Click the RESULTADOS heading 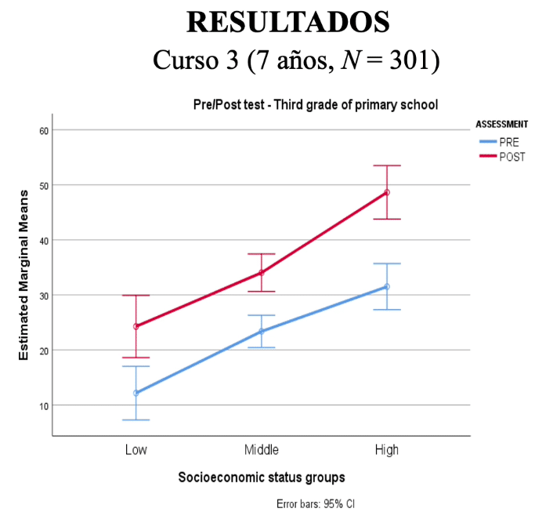(287, 22)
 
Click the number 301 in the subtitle (407, 60)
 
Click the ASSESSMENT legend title (501, 124)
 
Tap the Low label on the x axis (136, 450)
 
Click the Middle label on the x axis (261, 450)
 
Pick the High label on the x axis (386, 450)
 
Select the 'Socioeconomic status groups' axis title (261, 477)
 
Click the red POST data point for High (386, 192)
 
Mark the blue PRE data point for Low (136, 393)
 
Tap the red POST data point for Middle (261, 273)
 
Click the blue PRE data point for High (386, 287)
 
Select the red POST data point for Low (136, 326)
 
